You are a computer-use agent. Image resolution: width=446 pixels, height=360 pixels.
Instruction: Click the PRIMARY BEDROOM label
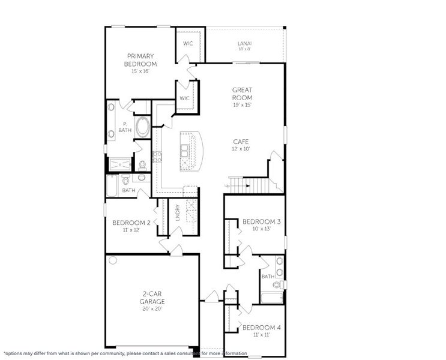pos(140,60)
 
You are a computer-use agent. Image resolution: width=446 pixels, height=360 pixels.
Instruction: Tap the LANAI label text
pos(244,43)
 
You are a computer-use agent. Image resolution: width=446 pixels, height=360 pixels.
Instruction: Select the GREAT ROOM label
pos(242,94)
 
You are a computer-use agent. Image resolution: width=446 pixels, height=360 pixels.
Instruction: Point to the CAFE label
pos(242,142)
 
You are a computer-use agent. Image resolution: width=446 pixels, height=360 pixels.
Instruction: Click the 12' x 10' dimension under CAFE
pos(242,149)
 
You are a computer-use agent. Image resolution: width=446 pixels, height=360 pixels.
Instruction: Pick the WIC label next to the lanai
pos(188,43)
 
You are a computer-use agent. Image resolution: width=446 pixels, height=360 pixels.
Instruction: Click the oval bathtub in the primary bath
pos(143,127)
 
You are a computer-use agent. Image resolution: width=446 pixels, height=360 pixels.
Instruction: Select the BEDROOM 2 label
pos(127,223)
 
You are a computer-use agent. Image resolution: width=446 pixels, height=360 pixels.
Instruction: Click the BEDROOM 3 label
pos(262,221)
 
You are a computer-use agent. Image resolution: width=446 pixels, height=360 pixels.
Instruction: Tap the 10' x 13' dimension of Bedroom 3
pos(262,229)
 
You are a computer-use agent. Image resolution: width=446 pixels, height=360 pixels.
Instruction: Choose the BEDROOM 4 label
pos(262,327)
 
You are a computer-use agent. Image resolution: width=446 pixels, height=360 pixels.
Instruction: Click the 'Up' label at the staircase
pos(226,186)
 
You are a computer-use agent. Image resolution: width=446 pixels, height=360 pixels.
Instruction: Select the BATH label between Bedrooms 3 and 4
pos(268,277)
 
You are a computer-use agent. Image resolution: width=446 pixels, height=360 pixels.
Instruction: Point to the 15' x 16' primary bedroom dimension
pos(140,71)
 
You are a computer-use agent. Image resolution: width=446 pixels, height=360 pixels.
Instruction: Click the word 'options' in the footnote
pos(15,353)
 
